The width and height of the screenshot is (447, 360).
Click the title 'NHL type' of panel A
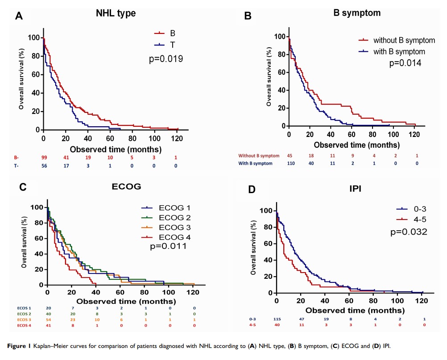pos(116,13)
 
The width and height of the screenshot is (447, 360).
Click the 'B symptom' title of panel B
pos(357,13)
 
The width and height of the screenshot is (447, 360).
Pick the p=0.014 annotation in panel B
pos(405,63)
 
